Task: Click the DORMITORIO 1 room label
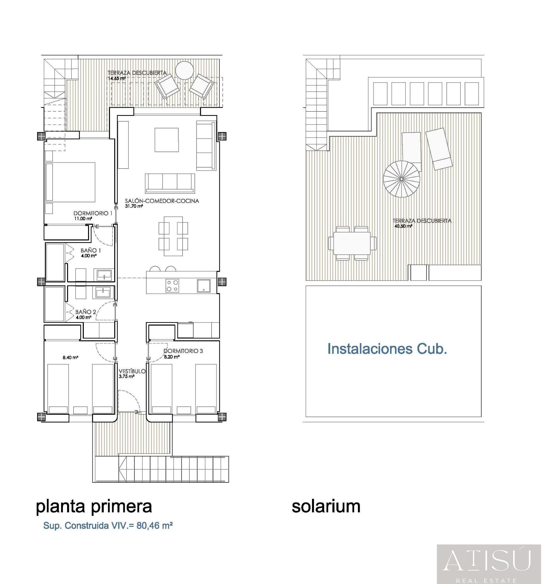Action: (93, 213)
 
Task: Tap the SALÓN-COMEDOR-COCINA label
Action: (162, 201)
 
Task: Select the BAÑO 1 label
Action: (91, 250)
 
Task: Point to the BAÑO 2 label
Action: (86, 312)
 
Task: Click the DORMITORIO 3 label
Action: (183, 351)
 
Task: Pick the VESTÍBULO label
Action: (132, 371)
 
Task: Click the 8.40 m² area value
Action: (70, 357)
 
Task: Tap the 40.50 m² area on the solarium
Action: (403, 226)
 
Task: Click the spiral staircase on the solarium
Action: (402, 179)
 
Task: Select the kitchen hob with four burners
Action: (172, 286)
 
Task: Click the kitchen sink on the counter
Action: (204, 286)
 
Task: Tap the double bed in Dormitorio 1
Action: (70, 182)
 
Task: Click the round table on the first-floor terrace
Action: (184, 71)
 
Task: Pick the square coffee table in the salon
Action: (166, 140)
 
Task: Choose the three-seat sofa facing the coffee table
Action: (170, 183)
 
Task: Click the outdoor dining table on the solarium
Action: (352, 243)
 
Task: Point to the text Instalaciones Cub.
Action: (387, 349)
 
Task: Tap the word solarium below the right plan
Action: (326, 506)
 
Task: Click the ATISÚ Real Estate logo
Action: (489, 564)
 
